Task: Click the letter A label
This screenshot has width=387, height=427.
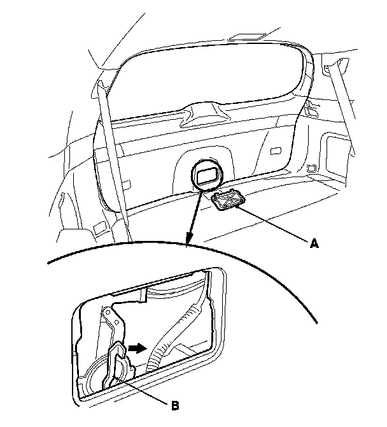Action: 314,243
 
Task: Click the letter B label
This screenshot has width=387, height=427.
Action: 176,406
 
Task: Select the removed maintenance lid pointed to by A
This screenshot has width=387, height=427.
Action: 228,200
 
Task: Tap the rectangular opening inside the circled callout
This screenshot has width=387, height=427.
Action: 208,176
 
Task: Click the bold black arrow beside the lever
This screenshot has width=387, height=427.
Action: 137,348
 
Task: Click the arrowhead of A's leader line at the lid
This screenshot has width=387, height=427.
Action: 237,207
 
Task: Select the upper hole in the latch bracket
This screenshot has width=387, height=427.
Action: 108,310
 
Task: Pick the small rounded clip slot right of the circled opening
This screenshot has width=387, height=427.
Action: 275,151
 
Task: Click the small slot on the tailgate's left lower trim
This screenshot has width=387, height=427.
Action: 125,184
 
